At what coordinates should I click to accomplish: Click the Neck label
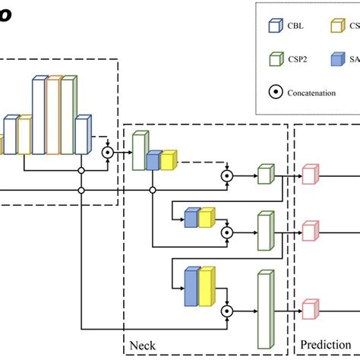(x=142, y=346)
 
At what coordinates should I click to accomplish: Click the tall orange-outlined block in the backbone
(x=53, y=114)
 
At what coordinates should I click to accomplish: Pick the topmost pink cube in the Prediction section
(x=310, y=174)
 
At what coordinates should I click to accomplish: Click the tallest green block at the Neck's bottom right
(x=264, y=311)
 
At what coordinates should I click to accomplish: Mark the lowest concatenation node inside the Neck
(x=226, y=311)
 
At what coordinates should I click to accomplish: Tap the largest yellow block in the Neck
(x=206, y=289)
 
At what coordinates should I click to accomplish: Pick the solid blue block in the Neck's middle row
(x=191, y=219)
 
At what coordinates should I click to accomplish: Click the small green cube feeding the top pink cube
(x=264, y=175)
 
